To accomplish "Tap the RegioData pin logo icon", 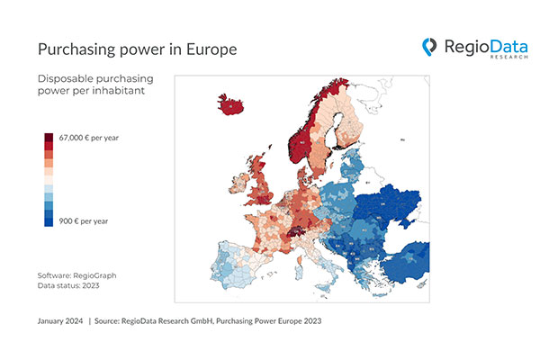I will click(430, 46).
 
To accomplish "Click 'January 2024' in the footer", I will click(60, 320).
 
